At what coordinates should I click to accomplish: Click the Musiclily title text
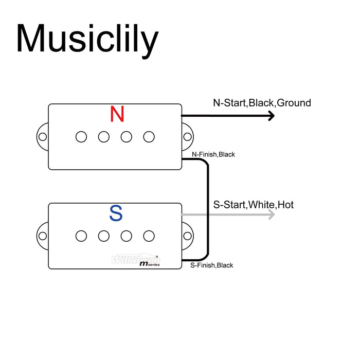[x=86, y=39]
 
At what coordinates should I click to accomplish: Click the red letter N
[x=117, y=114]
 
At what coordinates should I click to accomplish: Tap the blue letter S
[x=116, y=213]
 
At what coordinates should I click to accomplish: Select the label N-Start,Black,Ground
[x=262, y=103]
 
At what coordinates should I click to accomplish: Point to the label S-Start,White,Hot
[x=253, y=205]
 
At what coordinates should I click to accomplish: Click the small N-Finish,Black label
[x=213, y=154]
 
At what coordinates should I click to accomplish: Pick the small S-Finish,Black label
[x=211, y=265]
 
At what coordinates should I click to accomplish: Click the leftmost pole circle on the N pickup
[x=81, y=137]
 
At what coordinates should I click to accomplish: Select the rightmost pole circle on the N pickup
[x=149, y=137]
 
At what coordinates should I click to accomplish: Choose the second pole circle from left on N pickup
[x=104, y=137]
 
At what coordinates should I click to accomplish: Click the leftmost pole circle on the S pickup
[x=81, y=236]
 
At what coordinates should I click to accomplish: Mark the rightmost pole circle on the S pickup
[x=149, y=236]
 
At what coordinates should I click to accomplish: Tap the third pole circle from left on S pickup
[x=127, y=236]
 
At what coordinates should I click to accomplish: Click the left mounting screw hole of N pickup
[x=43, y=137]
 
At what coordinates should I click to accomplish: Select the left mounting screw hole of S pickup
[x=43, y=236]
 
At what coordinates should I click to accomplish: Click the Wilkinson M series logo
[x=137, y=260]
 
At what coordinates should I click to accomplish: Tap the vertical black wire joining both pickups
[x=208, y=211]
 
